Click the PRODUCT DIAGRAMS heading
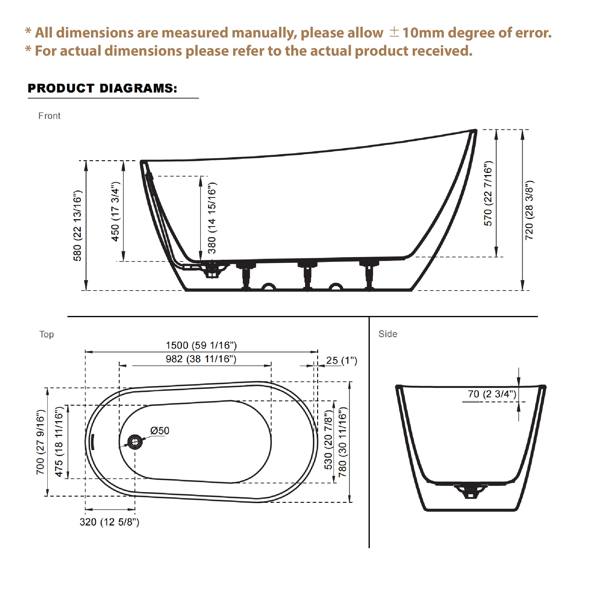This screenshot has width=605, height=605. [102, 88]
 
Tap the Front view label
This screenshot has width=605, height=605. [49, 116]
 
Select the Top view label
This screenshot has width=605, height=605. [46, 334]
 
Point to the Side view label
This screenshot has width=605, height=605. [388, 334]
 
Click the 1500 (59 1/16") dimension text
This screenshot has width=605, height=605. [201, 345]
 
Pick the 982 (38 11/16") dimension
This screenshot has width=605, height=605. [201, 359]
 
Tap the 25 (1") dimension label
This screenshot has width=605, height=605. [341, 360]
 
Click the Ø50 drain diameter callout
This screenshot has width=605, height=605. [160, 431]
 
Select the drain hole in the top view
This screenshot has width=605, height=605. [135, 442]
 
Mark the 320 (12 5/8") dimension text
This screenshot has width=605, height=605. [109, 522]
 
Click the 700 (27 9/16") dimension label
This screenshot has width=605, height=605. [41, 442]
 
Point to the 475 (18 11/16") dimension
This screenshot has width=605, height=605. [59, 442]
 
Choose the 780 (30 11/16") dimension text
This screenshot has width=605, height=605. [343, 442]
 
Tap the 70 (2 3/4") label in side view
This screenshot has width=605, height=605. [492, 394]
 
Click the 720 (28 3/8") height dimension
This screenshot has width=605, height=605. [529, 210]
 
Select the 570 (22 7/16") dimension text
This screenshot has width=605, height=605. [488, 194]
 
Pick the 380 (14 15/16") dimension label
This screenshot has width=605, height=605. [212, 218]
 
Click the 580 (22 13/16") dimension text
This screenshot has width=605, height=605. [77, 226]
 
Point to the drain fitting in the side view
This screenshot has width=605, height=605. [470, 491]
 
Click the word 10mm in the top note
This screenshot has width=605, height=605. [423, 33]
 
